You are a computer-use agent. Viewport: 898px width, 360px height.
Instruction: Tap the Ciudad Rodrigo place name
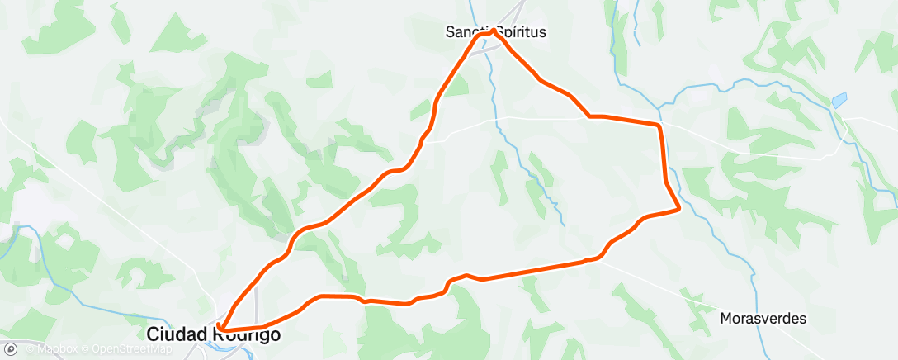(213, 334)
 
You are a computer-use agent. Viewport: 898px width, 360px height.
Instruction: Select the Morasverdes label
(763, 318)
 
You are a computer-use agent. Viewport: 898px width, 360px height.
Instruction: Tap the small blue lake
(839, 101)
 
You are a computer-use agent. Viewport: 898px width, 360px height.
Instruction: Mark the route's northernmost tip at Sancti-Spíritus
(492, 31)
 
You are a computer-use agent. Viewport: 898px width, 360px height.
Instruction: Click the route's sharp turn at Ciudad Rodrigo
(220, 333)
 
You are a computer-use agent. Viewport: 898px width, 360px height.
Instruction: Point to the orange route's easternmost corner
(678, 210)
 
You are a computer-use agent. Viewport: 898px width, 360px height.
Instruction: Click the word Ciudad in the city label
(173, 334)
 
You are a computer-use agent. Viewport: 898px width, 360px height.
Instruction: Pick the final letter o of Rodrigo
(275, 334)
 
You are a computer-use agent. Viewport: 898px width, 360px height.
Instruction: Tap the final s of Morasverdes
(802, 318)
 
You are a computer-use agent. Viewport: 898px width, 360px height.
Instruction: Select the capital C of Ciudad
(154, 334)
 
